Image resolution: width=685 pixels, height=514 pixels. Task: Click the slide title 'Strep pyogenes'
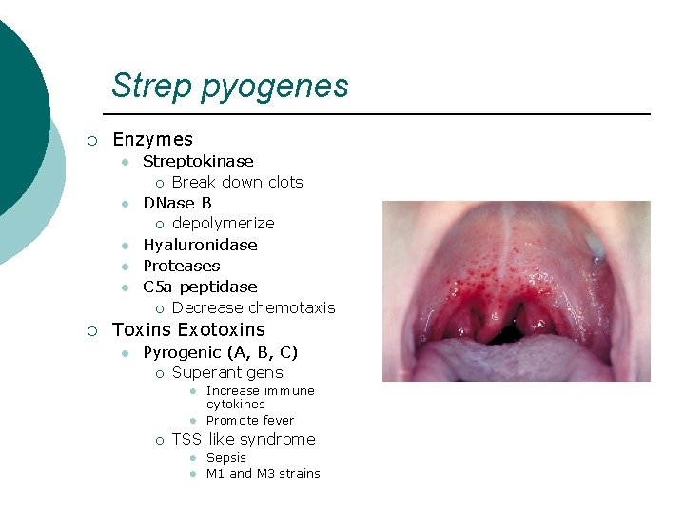click(229, 86)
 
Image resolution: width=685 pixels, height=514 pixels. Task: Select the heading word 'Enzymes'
click(152, 140)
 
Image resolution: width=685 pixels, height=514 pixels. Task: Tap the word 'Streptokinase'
click(198, 161)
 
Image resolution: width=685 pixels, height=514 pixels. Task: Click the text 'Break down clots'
click(237, 182)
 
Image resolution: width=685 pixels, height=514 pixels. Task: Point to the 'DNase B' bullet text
click(177, 203)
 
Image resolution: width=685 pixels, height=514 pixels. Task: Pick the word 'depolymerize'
click(223, 224)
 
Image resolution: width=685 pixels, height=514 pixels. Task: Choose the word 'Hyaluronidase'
click(200, 245)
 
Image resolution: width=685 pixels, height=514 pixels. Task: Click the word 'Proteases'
click(181, 266)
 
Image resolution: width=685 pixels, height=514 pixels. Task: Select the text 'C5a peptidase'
click(200, 287)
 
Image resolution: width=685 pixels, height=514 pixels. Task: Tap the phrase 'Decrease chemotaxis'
click(253, 307)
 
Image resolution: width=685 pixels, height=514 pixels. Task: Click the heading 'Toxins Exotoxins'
click(188, 330)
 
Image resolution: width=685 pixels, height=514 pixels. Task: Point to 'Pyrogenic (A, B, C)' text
click(220, 352)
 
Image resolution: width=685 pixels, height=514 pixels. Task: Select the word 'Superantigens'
click(227, 373)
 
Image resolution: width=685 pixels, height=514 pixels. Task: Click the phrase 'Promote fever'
click(250, 420)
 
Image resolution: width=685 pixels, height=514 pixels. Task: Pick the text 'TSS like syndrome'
click(244, 439)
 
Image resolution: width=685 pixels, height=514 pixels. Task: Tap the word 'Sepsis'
click(225, 457)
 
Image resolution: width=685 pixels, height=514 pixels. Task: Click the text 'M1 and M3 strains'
click(263, 473)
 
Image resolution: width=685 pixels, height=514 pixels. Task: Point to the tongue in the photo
click(514, 362)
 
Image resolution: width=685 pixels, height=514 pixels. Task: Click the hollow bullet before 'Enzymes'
click(91, 141)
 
